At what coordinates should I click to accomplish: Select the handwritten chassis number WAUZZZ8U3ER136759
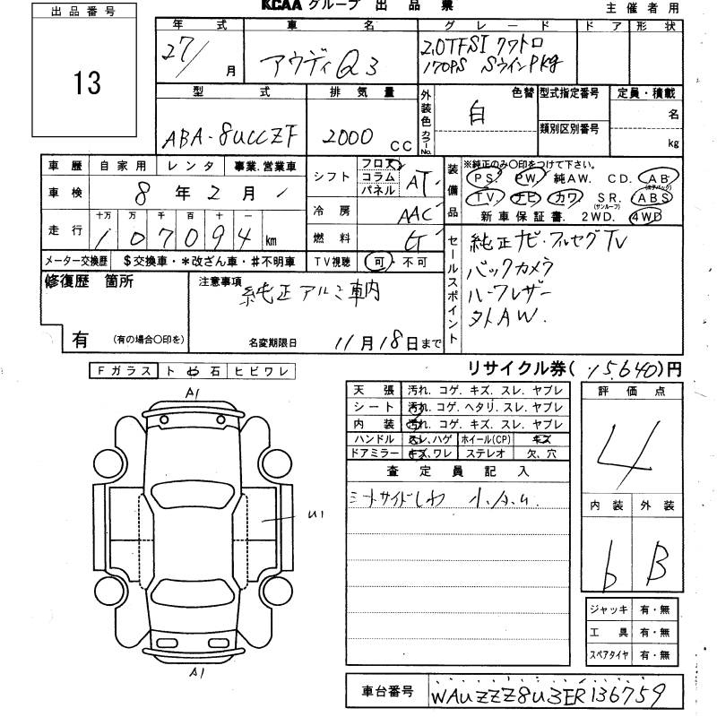558,695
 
